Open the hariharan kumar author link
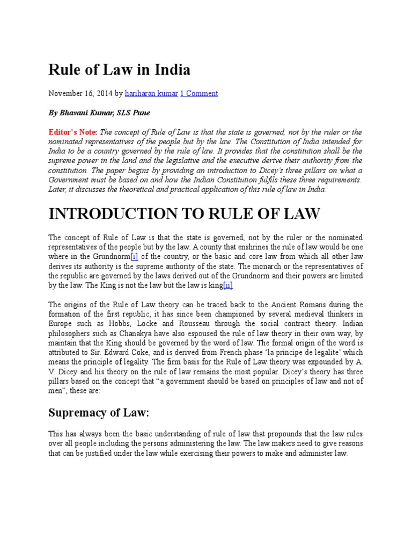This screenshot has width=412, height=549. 151,93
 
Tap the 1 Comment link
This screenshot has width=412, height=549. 198,93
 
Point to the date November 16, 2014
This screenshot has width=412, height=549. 80,93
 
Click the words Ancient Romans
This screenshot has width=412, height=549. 304,305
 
